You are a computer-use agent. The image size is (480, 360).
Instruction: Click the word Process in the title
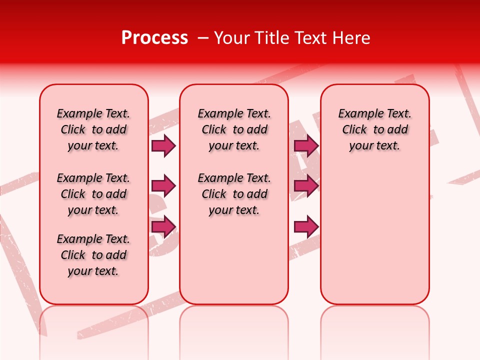[154, 38]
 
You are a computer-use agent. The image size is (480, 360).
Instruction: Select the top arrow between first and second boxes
[163, 145]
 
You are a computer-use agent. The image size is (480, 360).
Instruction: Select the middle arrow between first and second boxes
[163, 186]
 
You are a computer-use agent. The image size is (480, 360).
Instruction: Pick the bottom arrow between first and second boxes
[163, 227]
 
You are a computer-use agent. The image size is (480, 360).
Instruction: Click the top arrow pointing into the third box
[306, 145]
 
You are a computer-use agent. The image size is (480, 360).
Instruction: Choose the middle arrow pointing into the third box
[306, 186]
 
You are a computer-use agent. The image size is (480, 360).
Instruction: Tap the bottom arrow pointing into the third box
[306, 227]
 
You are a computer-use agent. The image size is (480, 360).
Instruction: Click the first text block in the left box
[93, 129]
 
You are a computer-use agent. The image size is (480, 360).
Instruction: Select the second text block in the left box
[93, 194]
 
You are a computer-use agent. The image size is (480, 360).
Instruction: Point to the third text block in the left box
[93, 255]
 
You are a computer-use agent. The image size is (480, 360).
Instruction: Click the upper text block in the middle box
[234, 129]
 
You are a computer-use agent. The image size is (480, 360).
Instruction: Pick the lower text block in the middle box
[234, 194]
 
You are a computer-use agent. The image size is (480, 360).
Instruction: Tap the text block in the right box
[374, 129]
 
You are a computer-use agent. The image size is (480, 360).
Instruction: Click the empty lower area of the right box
[374, 235]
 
